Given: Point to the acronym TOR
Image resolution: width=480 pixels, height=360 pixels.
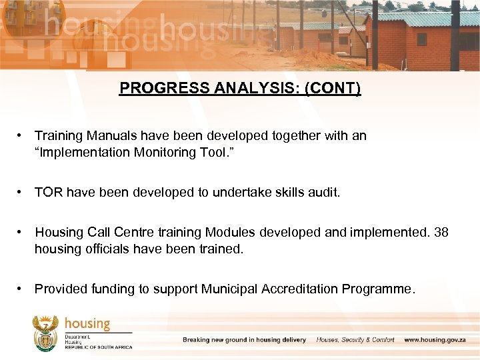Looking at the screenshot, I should pyautogui.click(x=47, y=193).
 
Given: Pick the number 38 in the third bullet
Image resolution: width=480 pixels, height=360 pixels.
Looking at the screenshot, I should pyautogui.click(x=441, y=233).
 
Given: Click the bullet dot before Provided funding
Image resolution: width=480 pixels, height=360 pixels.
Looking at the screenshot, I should pyautogui.click(x=21, y=289).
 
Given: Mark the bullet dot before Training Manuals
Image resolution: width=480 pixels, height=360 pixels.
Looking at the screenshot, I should pyautogui.click(x=21, y=135).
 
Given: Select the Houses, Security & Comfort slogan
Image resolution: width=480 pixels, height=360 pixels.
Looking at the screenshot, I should pyautogui.click(x=355, y=340).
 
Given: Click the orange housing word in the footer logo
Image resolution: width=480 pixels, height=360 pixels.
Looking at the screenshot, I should pyautogui.click(x=87, y=324).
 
